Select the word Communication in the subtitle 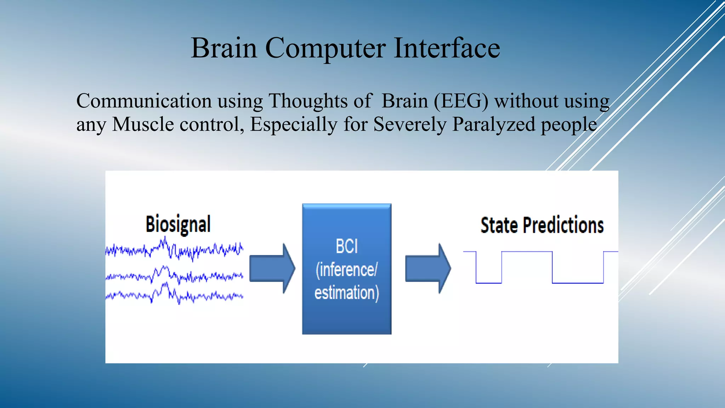[143, 101]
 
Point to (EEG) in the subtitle [461, 101]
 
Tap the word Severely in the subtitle [410, 124]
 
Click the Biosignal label [178, 224]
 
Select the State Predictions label [542, 225]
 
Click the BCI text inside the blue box [347, 246]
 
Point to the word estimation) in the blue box [347, 293]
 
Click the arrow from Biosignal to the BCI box [272, 268]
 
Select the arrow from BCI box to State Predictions [428, 268]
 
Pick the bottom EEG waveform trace [174, 295]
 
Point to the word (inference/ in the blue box [347, 270]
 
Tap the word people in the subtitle [569, 124]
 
